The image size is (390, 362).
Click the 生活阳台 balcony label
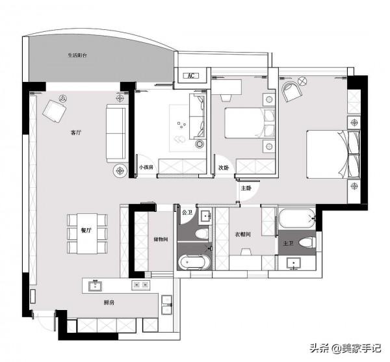tap(77, 56)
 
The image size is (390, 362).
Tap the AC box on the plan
tap(191, 76)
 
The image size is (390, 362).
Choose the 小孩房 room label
tap(146, 168)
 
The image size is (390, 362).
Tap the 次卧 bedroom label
tap(224, 168)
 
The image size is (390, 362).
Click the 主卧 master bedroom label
tap(246, 188)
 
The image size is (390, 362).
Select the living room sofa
tap(115, 135)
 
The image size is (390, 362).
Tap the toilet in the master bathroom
tap(309, 242)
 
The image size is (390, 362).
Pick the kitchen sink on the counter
tap(96, 285)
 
